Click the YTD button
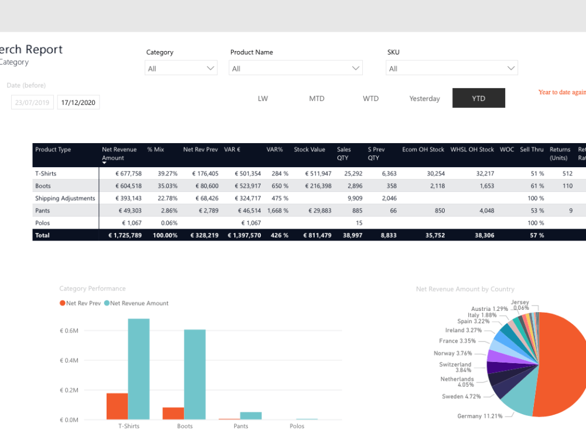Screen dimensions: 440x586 478,99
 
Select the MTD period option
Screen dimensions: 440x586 316,99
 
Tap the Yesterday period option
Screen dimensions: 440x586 424,99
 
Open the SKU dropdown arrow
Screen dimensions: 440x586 510,69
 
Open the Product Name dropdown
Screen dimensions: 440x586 295,69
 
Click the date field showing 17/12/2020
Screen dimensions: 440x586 79,103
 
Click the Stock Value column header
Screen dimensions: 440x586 309,150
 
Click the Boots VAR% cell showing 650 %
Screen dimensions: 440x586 278,186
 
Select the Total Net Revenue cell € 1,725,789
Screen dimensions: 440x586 125,235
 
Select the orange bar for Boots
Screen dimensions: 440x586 173,413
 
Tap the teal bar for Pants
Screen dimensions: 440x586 251,416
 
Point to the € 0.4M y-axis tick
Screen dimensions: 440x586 69,360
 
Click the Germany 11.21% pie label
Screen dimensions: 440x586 479,416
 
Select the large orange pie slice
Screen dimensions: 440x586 563,364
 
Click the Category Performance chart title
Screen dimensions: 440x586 93,289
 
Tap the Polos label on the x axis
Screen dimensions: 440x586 297,426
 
